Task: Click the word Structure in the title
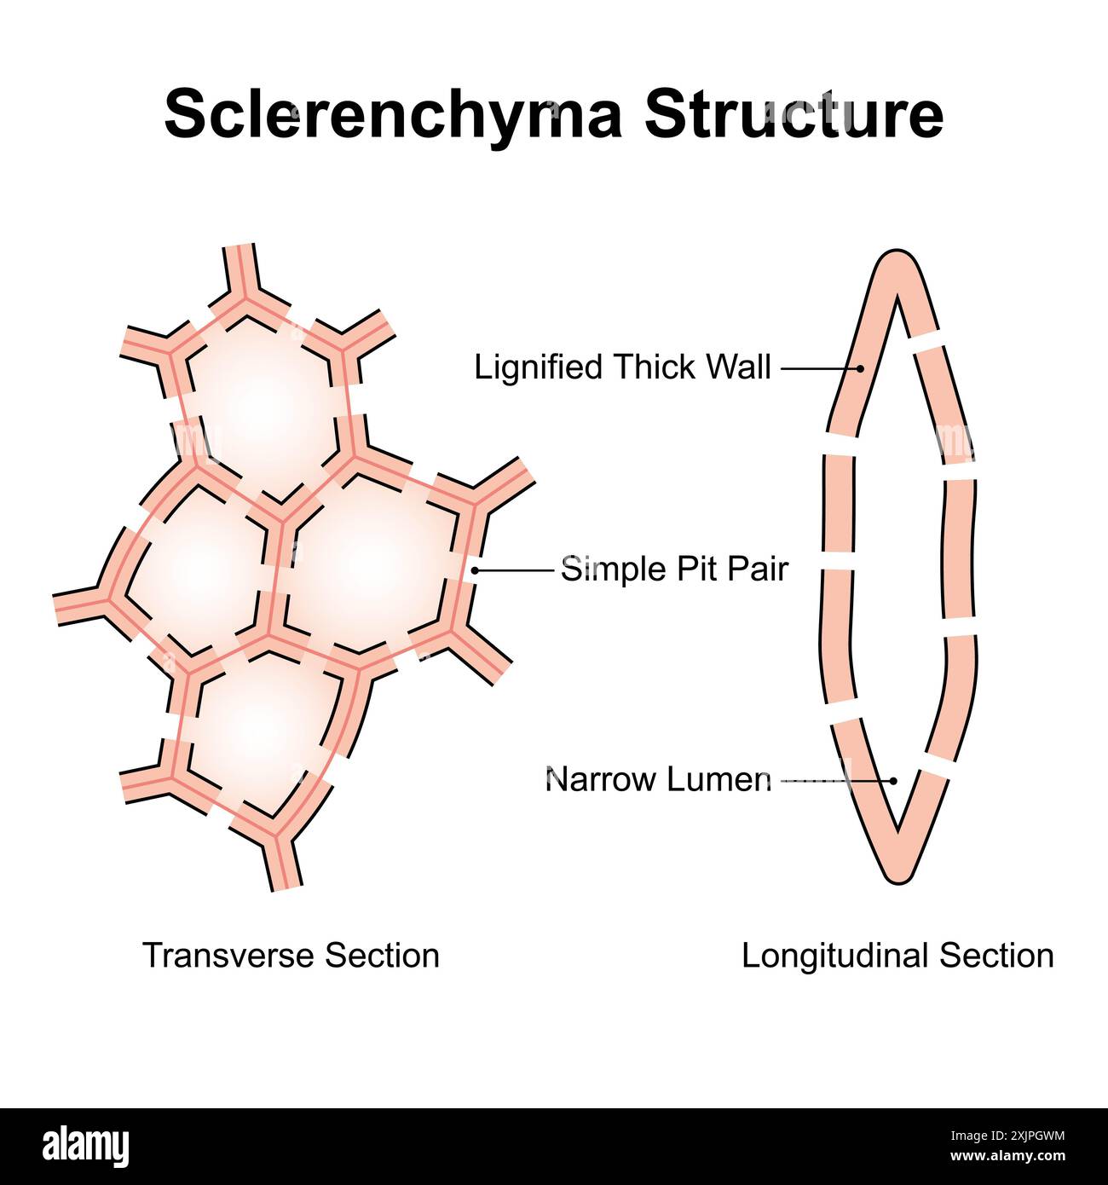tap(793, 113)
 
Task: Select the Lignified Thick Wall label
tap(622, 367)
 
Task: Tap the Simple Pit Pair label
tap(674, 569)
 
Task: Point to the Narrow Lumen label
tap(658, 779)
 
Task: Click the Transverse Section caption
tap(291, 955)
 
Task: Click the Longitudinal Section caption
tap(897, 955)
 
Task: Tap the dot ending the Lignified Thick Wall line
tap(860, 368)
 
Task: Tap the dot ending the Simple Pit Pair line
tap(475, 569)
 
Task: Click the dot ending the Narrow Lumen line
tap(893, 780)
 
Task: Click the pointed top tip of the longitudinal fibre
tap(896, 257)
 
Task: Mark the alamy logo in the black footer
tap(85, 1146)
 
